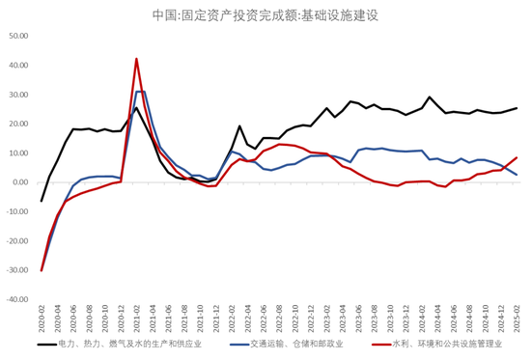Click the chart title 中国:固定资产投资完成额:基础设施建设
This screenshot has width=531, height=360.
265,14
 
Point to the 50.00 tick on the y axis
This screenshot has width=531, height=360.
18,37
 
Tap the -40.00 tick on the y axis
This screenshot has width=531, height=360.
17,299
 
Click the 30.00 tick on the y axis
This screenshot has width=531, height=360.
18,95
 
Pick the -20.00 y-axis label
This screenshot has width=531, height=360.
17,241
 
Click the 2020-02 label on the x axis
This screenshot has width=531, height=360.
42,318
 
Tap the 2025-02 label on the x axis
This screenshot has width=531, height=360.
517,318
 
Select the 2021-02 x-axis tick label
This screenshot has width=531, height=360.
136,318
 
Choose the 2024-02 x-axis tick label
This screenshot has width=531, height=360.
422,318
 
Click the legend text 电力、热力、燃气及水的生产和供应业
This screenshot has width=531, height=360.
130,343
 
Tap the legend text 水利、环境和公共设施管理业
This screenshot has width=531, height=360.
447,343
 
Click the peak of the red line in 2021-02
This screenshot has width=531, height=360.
136,59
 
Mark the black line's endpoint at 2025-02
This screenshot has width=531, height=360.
517,108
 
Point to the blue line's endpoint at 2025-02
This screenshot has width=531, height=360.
517,175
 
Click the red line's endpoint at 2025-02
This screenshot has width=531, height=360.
517,157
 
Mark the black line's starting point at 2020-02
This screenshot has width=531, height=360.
42,201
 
